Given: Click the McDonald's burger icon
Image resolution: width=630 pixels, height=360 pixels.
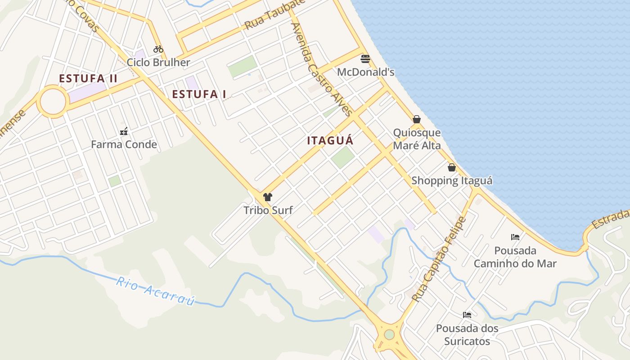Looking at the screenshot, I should pos(365,59).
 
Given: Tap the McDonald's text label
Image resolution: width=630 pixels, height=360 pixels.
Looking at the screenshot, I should pos(365,72).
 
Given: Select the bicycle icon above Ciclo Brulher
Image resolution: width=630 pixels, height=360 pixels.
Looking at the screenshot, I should pos(158,49).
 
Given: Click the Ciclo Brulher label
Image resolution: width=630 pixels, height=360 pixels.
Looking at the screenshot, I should pos(158,62).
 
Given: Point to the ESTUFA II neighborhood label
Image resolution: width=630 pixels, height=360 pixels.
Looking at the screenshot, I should pos(88,78).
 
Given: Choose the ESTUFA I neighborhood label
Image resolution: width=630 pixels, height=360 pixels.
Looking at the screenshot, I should pos(199,94).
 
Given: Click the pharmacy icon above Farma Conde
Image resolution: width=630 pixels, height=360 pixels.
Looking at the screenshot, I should pos(124,132).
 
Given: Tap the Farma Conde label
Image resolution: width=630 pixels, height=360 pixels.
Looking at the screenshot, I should pos(124,144).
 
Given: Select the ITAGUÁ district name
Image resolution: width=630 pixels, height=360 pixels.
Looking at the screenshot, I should pos(330,140).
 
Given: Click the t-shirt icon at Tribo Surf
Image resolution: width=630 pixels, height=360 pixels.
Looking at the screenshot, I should pos(268,197).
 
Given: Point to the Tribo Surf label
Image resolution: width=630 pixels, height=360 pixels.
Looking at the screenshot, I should pos(268,210).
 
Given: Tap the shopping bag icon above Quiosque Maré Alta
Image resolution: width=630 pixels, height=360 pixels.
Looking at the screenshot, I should pos(417,119).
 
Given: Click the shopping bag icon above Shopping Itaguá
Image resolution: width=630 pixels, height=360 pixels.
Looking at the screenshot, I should pos(452,167).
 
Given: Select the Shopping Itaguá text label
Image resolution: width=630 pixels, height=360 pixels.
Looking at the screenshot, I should pos(452,180).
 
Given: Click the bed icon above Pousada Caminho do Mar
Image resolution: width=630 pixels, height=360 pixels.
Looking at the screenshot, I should pos(515,237).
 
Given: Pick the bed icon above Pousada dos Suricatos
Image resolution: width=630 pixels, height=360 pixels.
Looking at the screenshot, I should pos(467,315).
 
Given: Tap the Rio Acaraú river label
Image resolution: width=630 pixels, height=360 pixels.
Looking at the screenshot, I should pos(156,291).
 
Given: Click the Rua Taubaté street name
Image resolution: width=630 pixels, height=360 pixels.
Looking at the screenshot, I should pos(275,16).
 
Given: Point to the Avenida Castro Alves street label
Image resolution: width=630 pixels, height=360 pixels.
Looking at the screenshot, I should pos(321,70).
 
